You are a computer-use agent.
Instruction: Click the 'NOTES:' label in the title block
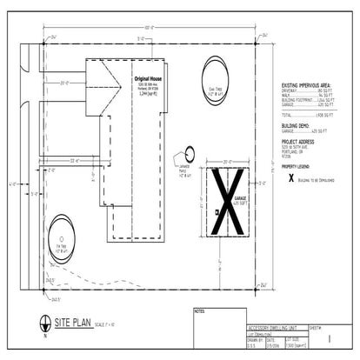(199, 309)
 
